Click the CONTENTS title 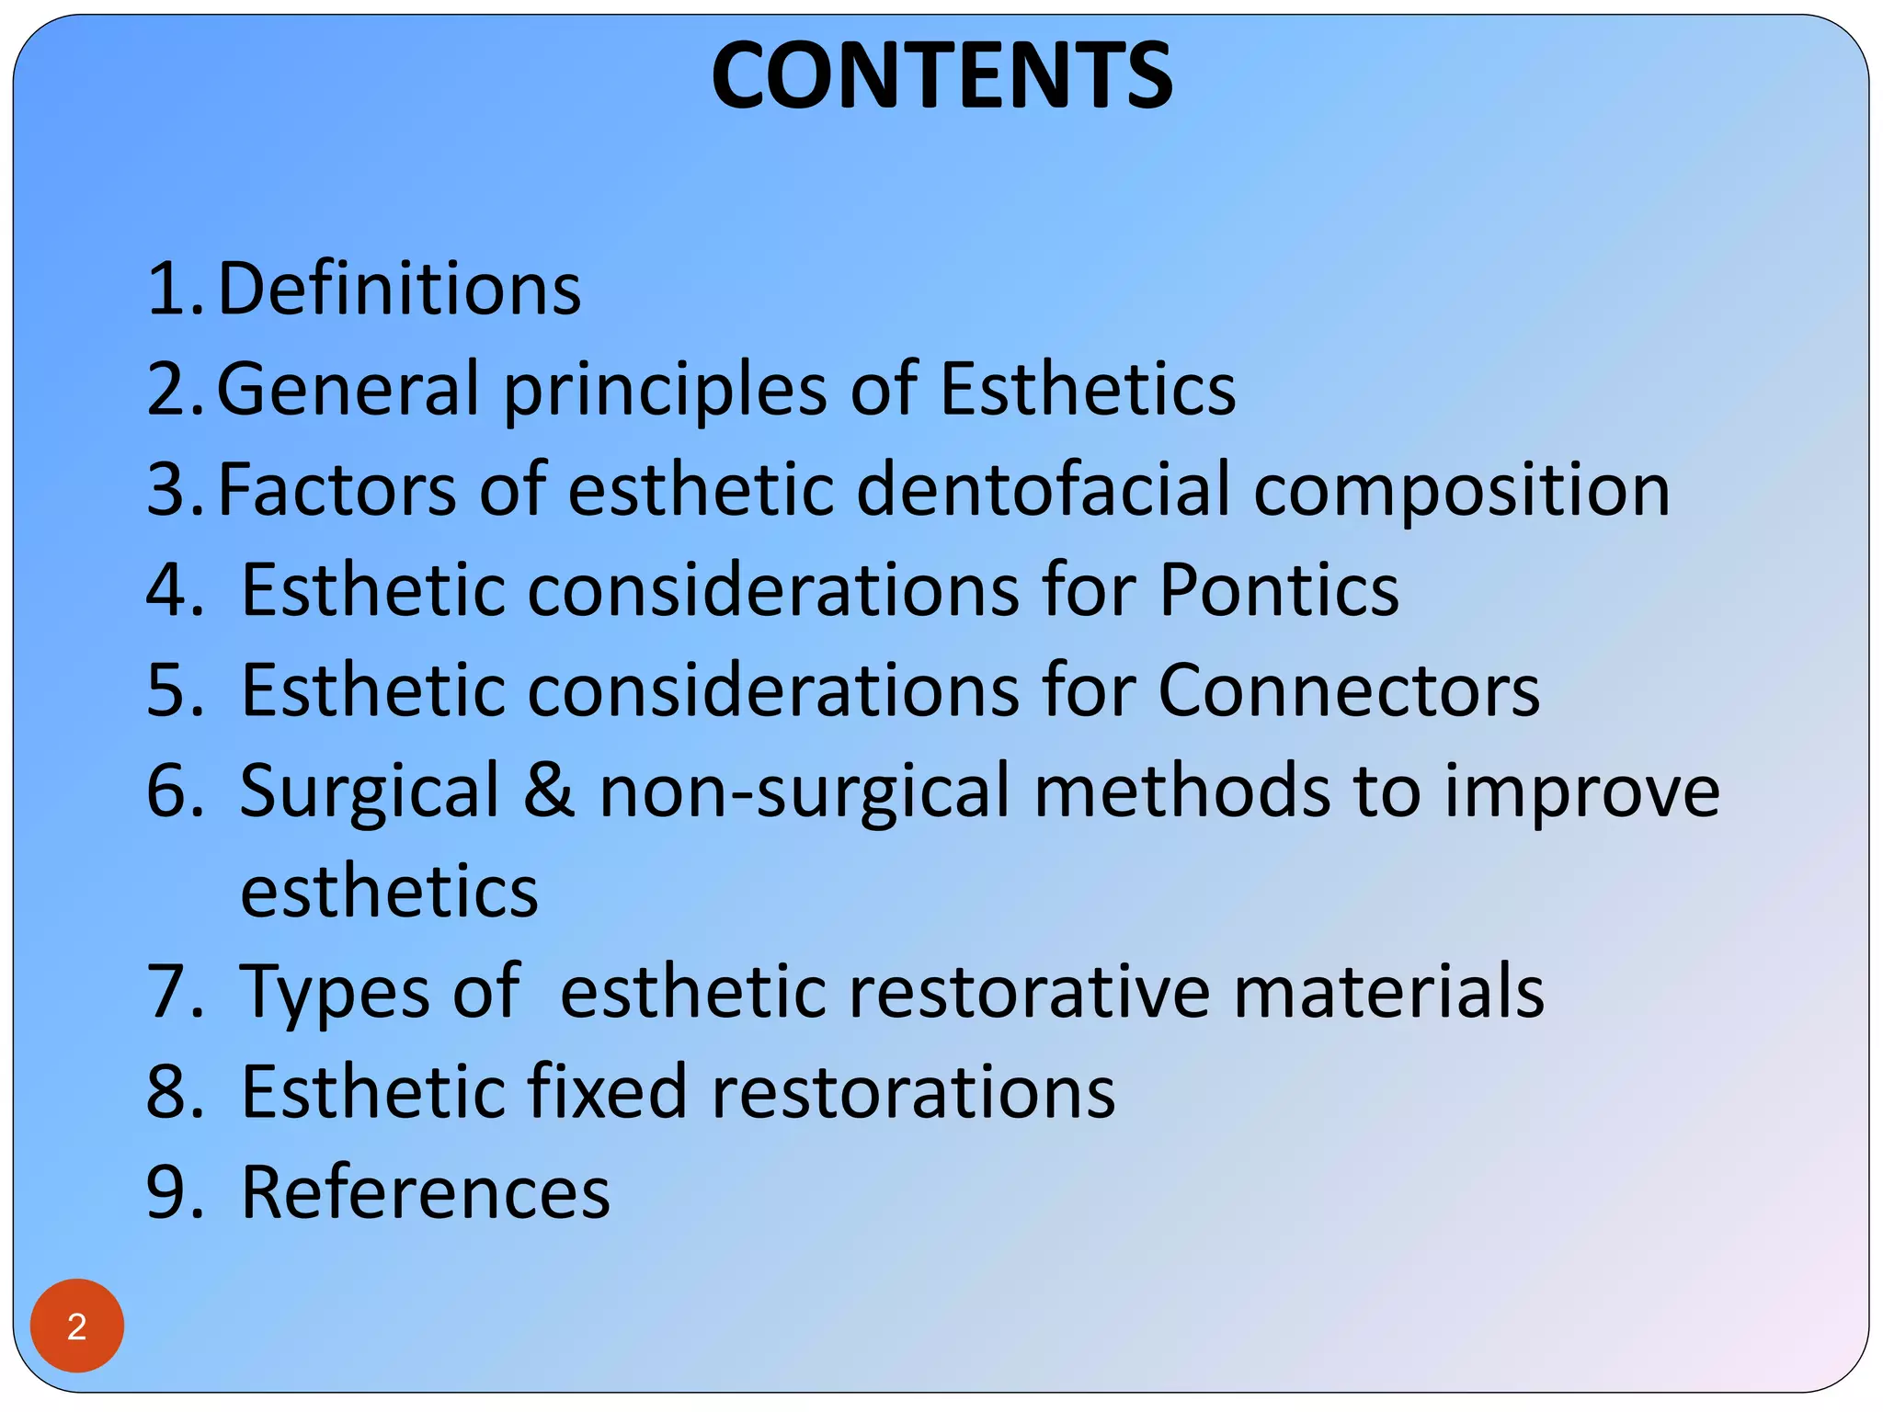tap(941, 75)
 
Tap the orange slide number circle tap(77, 1326)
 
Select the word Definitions tap(399, 290)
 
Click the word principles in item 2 tap(665, 391)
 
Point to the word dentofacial tap(1043, 490)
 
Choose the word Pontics tap(1278, 589)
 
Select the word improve tap(1581, 792)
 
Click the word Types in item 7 tap(335, 993)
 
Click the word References tap(426, 1192)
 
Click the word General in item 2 tap(347, 389)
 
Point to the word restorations tap(913, 1091)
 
